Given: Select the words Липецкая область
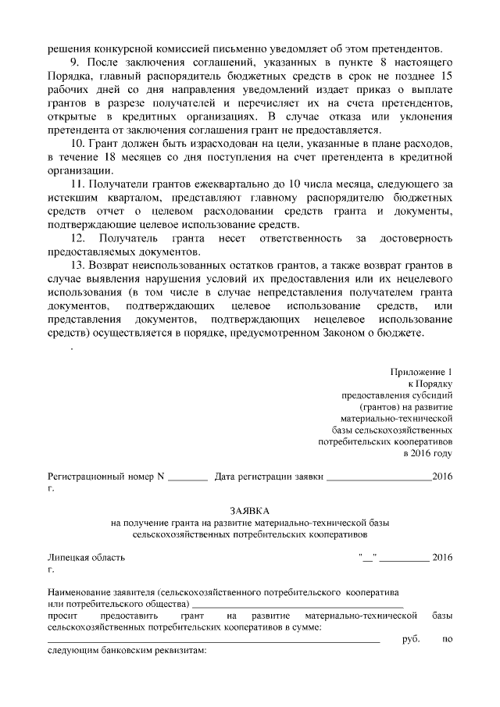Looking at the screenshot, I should point(86,558).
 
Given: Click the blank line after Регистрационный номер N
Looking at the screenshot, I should point(187,477).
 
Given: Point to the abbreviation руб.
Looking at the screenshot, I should point(410,639).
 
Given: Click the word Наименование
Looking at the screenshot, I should point(83,591).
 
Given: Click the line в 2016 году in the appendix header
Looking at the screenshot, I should point(427,452).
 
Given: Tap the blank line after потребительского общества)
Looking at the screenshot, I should point(297,603).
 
